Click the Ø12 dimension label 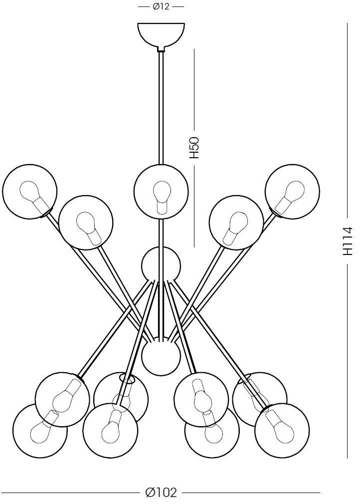point(161,6)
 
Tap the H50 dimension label point(194,148)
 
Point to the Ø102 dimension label point(161,493)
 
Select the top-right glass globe point(292,192)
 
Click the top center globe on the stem point(161,192)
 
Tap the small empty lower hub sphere point(161,356)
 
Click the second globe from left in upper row point(86,223)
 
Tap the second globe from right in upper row point(236,223)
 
